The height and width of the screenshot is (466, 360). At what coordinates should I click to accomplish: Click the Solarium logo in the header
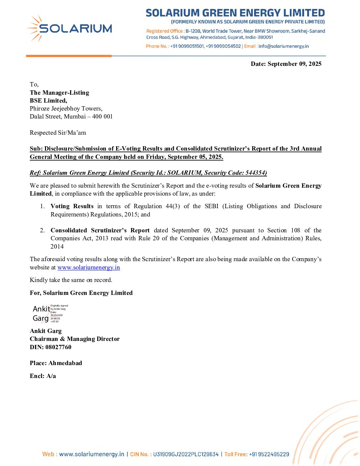point(69,29)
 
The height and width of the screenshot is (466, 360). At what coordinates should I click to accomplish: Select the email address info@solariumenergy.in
point(284,46)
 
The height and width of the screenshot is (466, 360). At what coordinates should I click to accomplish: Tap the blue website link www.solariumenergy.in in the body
point(89,267)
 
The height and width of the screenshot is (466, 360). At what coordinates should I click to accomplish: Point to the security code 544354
point(255,173)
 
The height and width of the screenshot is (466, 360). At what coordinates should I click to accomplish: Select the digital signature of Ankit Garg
point(50,313)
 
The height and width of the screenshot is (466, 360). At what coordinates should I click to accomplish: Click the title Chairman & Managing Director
point(75,339)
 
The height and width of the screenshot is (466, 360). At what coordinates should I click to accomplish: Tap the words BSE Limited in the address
point(48,101)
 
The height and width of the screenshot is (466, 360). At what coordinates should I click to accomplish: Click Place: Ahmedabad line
point(56,363)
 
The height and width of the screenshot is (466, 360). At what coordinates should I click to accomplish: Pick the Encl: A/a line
point(43,376)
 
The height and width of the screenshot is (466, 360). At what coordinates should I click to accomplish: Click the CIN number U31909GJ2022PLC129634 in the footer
point(186,454)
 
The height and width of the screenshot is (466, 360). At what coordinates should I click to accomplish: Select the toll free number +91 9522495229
point(269,454)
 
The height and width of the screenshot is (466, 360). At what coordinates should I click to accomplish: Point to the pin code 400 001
point(103,117)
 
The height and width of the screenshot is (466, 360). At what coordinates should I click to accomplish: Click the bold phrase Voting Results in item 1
point(72,206)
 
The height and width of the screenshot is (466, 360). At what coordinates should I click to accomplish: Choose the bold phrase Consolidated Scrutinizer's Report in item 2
point(100,230)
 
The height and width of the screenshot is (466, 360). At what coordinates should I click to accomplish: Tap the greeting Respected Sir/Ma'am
point(58,133)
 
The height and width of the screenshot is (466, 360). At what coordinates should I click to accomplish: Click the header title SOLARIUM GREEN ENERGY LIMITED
point(235,13)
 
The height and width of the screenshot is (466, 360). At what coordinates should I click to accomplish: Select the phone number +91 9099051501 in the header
point(187,46)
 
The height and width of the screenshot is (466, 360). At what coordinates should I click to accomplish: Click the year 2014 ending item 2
point(57,247)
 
